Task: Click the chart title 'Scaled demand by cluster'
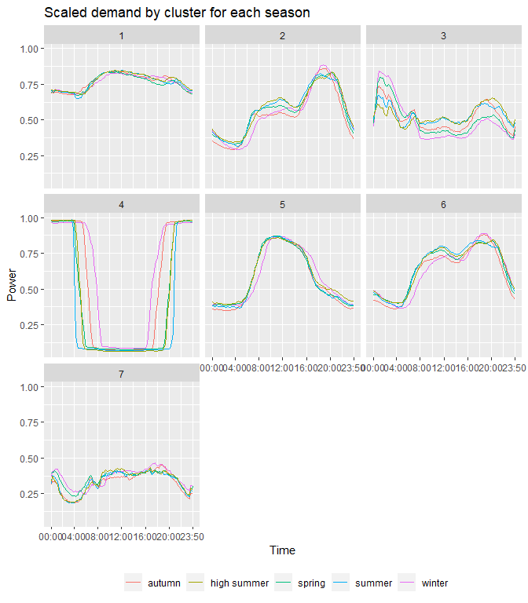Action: tap(177, 13)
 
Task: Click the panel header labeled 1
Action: tap(122, 35)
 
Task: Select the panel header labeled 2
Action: tap(283, 35)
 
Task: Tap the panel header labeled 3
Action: tap(444, 35)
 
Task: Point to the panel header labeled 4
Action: tap(122, 205)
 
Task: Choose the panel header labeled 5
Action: tap(283, 205)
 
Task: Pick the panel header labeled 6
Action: tap(444, 205)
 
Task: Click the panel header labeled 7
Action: tap(122, 374)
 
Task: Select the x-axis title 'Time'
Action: tap(283, 550)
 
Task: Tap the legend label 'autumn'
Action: tap(163, 583)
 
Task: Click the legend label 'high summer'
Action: tap(240, 583)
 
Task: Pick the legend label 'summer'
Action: tap(373, 583)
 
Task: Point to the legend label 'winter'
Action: tap(434, 583)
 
